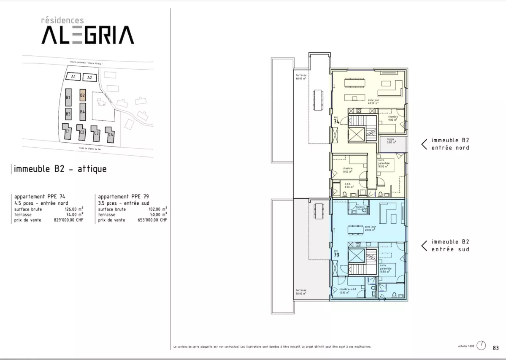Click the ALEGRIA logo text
click(87, 35)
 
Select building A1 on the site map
click(73, 77)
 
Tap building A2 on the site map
click(89, 78)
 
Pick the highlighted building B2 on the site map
click(83, 95)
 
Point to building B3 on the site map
click(68, 114)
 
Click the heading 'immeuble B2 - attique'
click(60, 169)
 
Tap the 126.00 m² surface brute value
click(74, 209)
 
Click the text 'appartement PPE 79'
click(123, 197)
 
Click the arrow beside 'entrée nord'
click(424, 144)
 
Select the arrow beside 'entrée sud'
click(424, 246)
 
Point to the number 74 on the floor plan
click(336, 122)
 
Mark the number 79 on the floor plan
click(336, 255)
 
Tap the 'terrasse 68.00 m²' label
click(301, 77)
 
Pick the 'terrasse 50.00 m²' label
click(301, 292)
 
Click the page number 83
click(495, 348)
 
